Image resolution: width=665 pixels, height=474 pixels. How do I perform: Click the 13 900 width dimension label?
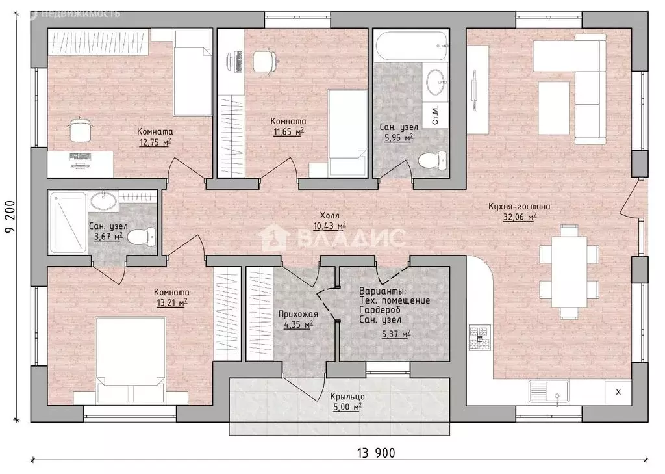376,453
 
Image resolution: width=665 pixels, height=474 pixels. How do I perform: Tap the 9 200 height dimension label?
10,217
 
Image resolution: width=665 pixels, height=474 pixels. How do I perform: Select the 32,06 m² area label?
520,217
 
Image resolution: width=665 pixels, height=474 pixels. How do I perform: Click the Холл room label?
329,215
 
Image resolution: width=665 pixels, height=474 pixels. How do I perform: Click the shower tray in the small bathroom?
68,222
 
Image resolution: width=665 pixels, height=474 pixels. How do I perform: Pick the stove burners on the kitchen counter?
480,337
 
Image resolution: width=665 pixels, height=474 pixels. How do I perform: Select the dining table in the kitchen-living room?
569,271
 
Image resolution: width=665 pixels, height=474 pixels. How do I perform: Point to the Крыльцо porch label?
347,396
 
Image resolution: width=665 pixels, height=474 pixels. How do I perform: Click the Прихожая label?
298,314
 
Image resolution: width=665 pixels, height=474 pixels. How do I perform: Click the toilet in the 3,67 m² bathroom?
141,236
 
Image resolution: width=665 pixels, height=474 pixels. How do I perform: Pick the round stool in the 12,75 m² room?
80,130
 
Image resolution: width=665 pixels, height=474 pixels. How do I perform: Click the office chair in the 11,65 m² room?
266,62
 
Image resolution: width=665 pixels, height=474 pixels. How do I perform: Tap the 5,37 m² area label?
396,335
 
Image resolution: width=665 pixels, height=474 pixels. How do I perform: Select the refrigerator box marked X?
618,392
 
